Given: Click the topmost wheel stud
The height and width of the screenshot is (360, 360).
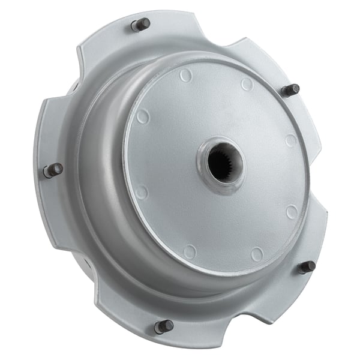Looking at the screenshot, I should click(140, 25).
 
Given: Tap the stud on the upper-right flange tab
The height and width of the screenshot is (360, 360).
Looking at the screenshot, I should click(290, 91).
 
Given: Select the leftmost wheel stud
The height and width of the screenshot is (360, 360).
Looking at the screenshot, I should click(53, 170).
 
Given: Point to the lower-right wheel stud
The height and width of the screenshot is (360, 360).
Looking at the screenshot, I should click(307, 267).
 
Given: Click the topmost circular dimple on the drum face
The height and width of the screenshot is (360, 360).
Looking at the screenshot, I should click(186, 76).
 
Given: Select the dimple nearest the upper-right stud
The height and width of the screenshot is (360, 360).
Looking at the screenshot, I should click(247, 84).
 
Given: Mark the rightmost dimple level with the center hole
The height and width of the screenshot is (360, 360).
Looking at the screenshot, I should click(291, 141).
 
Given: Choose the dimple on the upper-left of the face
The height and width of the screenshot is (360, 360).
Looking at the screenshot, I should click(143, 116).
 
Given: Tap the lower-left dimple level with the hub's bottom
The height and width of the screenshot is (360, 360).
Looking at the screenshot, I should click(142, 192).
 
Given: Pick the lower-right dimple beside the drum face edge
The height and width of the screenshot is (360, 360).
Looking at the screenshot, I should click(292, 212).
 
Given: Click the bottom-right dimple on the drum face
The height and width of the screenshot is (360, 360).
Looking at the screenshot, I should click(257, 254).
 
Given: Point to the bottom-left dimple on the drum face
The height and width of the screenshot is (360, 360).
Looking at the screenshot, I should click(190, 251).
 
